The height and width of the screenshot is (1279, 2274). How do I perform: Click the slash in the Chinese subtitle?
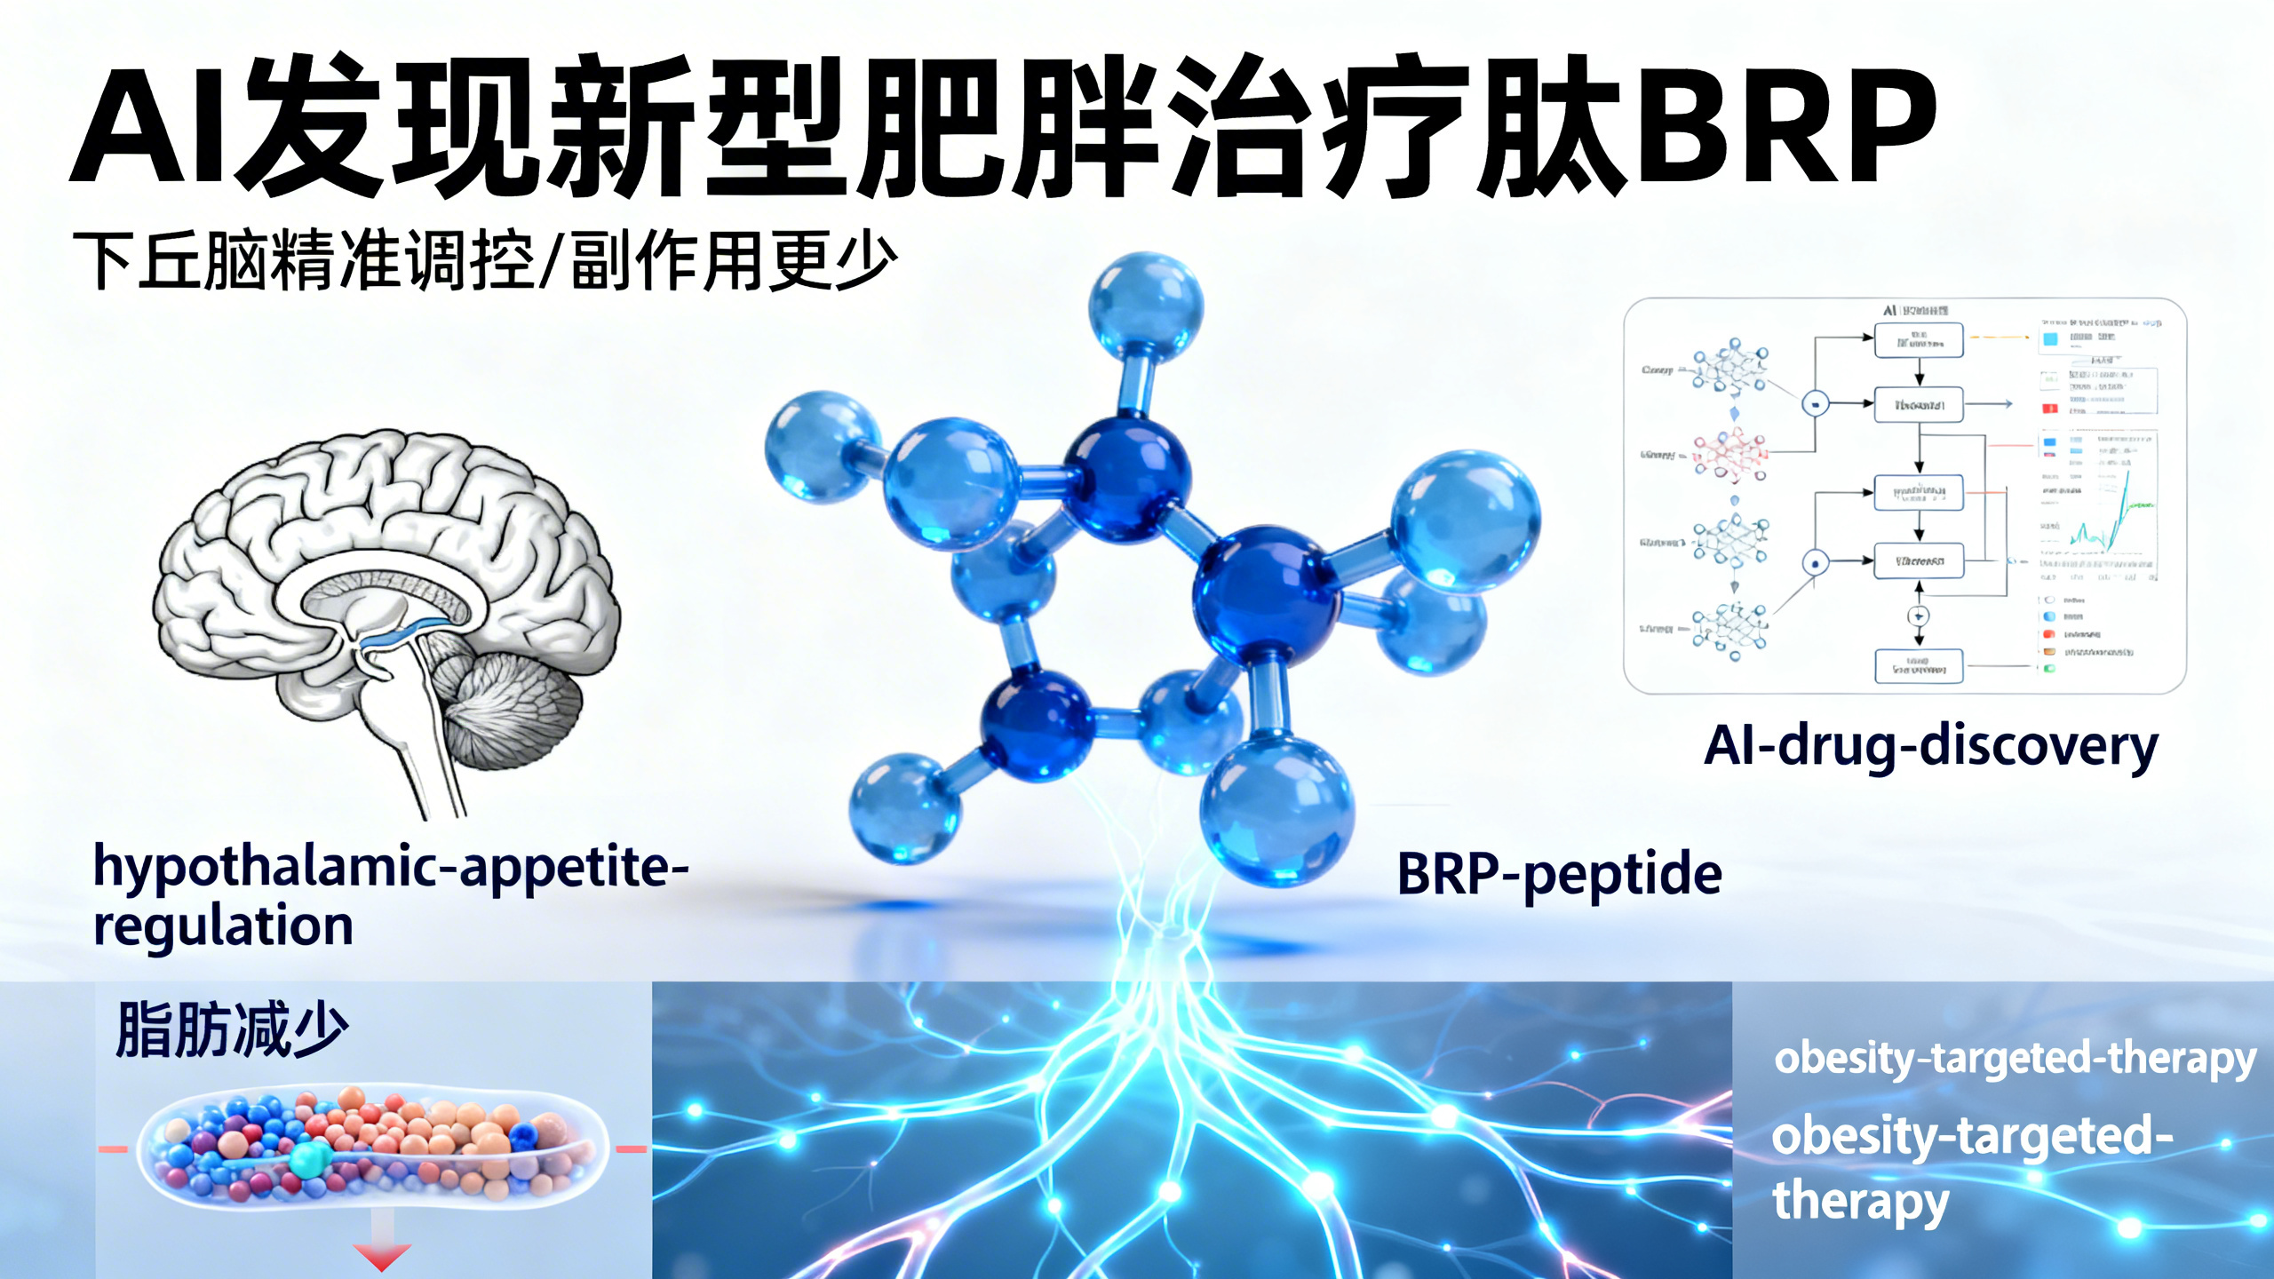click(x=551, y=260)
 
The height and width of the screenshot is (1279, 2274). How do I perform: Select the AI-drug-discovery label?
click(x=1930, y=746)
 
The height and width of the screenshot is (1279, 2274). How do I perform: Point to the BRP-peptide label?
click(x=1559, y=874)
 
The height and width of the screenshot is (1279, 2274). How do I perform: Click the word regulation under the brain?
click(x=223, y=926)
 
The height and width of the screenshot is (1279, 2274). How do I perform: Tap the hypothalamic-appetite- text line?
click(x=391, y=867)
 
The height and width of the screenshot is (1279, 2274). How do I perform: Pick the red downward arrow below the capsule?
click(x=382, y=1254)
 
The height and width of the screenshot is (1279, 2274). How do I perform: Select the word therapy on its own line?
click(x=1860, y=1201)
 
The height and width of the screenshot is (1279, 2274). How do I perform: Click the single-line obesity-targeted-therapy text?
click(x=2015, y=1059)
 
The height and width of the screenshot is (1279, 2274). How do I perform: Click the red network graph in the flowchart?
click(x=1729, y=455)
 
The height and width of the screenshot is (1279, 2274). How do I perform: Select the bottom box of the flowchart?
click(x=1919, y=666)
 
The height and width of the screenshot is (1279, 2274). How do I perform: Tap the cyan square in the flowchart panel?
click(x=2050, y=339)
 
